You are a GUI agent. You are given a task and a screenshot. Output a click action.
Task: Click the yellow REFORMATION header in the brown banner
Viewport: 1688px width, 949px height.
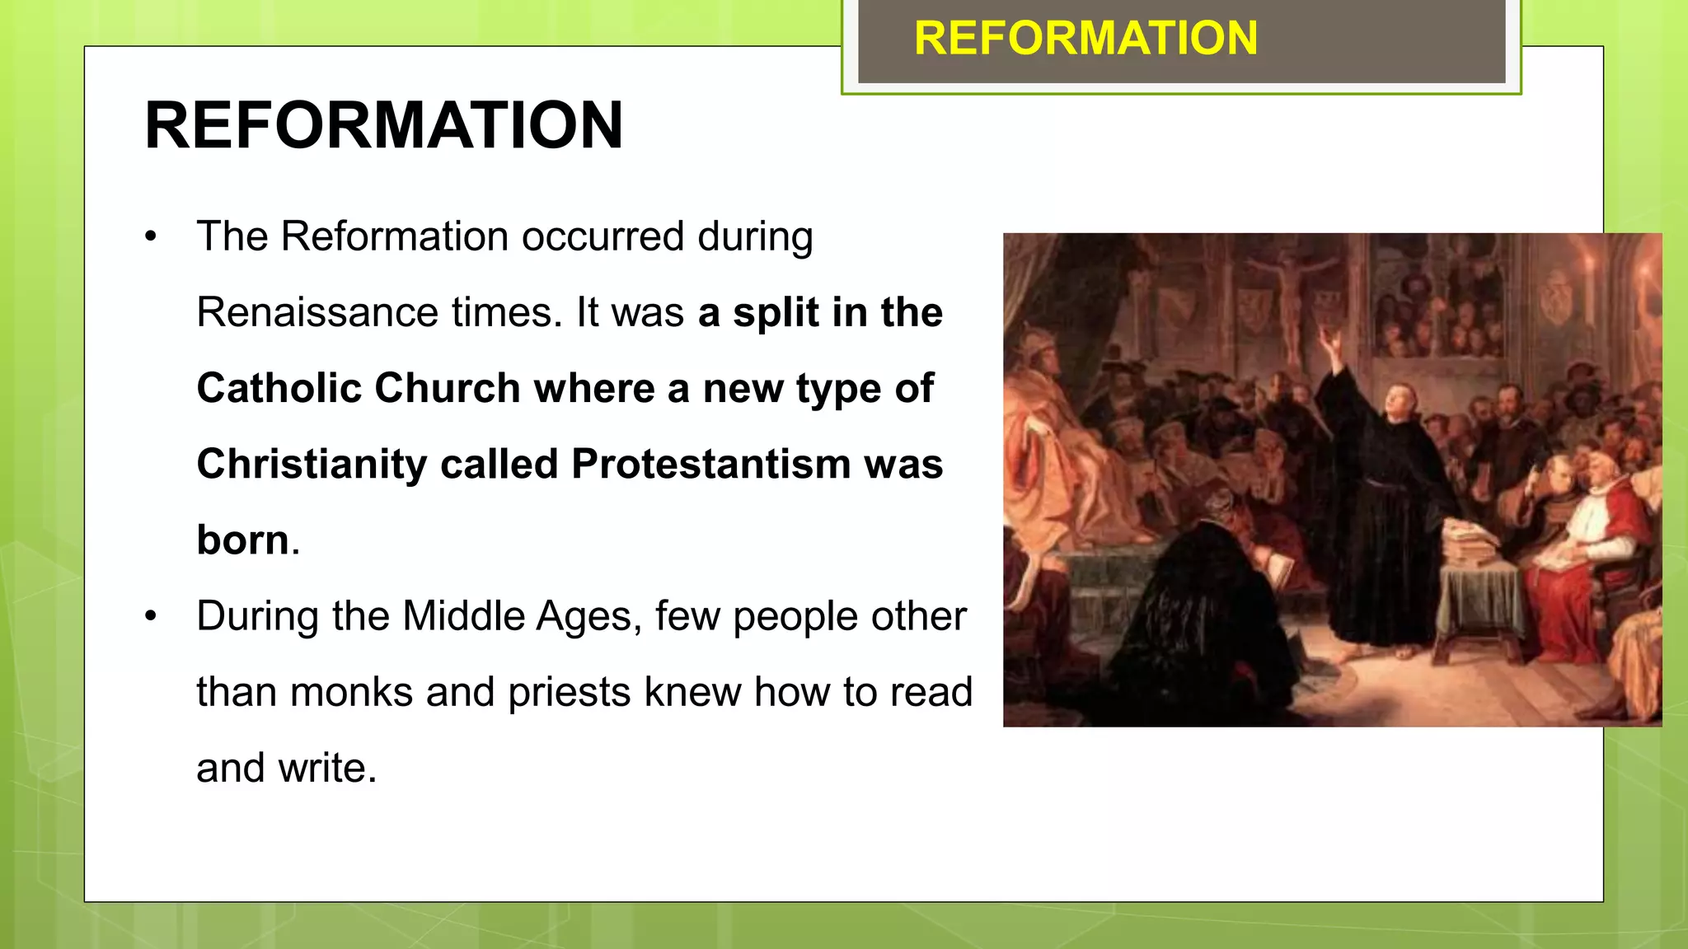tap(1085, 39)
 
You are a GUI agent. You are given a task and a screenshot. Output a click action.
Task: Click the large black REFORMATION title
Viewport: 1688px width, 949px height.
tap(383, 125)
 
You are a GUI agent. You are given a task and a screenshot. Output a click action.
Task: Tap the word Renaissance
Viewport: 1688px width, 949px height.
tap(316, 313)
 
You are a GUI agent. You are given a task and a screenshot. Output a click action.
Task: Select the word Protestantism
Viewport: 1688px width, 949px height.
tap(710, 465)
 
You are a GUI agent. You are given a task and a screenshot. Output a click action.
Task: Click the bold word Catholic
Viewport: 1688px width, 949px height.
tap(278, 389)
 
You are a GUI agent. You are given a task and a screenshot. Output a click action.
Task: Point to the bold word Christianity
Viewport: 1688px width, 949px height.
tap(312, 465)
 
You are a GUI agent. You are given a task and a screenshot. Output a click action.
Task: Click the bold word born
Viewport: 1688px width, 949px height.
tap(242, 541)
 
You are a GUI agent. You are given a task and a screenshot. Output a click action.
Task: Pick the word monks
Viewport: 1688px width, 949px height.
tap(351, 693)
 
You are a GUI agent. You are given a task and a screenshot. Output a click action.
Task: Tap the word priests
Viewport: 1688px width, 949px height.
tap(569, 693)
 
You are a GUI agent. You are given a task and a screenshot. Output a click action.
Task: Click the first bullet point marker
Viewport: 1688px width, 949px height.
tap(150, 238)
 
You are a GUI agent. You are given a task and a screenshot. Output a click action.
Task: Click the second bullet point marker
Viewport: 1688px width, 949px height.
tap(150, 617)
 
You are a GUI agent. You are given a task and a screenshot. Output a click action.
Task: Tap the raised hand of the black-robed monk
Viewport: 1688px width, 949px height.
tap(1329, 338)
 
